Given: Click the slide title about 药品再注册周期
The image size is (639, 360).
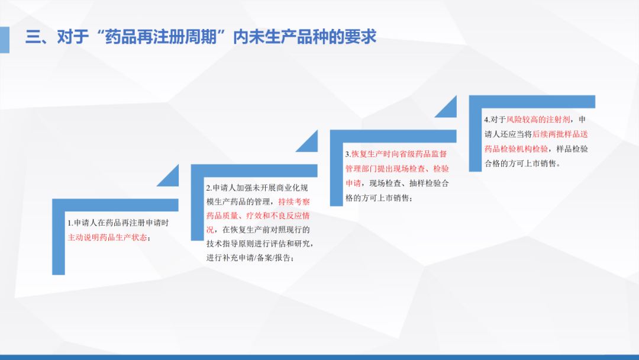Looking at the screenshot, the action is pyautogui.click(x=201, y=37).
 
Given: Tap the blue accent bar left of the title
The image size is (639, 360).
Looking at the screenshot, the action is pyautogui.click(x=5, y=40).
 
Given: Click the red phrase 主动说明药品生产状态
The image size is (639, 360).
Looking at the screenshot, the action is pyautogui.click(x=107, y=237).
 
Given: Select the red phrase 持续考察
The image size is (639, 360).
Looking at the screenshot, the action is pyautogui.click(x=294, y=202).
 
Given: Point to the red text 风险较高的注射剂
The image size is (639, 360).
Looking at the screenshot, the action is pyautogui.click(x=538, y=120).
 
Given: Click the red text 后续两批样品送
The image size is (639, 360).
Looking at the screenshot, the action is pyautogui.click(x=560, y=134).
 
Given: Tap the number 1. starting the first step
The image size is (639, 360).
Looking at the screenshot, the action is pyautogui.click(x=70, y=223).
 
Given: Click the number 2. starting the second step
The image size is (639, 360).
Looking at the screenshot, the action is pyautogui.click(x=209, y=188).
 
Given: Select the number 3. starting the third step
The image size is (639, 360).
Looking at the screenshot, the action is pyautogui.click(x=348, y=154).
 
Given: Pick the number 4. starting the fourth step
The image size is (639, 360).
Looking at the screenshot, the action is pyautogui.click(x=487, y=120).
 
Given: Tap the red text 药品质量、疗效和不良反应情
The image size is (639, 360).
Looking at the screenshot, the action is pyautogui.click(x=258, y=216).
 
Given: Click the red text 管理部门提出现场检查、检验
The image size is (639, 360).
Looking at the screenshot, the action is pyautogui.click(x=397, y=169).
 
